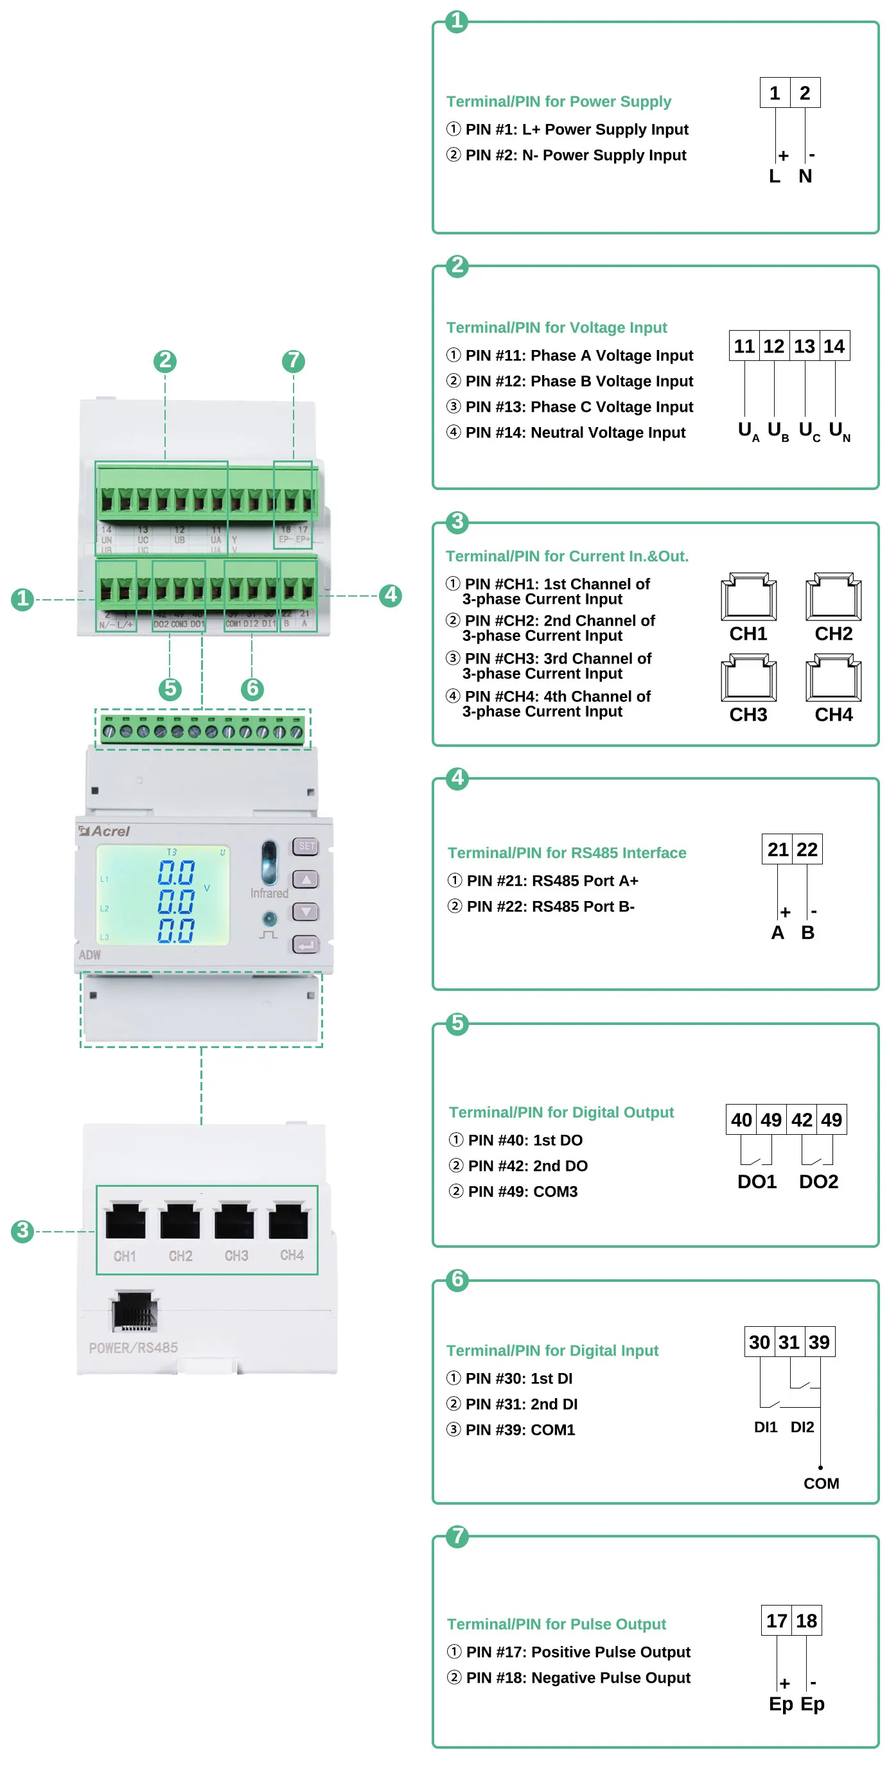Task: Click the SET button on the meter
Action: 306,846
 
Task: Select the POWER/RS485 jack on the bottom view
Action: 134,1312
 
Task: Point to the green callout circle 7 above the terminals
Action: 294,360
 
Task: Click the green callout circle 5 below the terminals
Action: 170,688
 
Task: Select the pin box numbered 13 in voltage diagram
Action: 804,346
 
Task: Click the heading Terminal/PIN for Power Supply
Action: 558,101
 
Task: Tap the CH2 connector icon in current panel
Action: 833,597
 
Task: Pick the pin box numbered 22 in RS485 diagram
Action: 807,849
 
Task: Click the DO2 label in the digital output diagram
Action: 818,1182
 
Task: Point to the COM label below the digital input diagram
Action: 821,1483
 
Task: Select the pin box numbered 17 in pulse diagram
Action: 776,1621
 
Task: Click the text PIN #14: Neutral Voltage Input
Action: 575,433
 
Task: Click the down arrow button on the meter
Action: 306,911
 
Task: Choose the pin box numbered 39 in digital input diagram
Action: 819,1342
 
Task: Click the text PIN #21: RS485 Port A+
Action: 552,880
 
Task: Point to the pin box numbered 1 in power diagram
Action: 775,93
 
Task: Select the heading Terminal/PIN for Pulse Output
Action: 556,1624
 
